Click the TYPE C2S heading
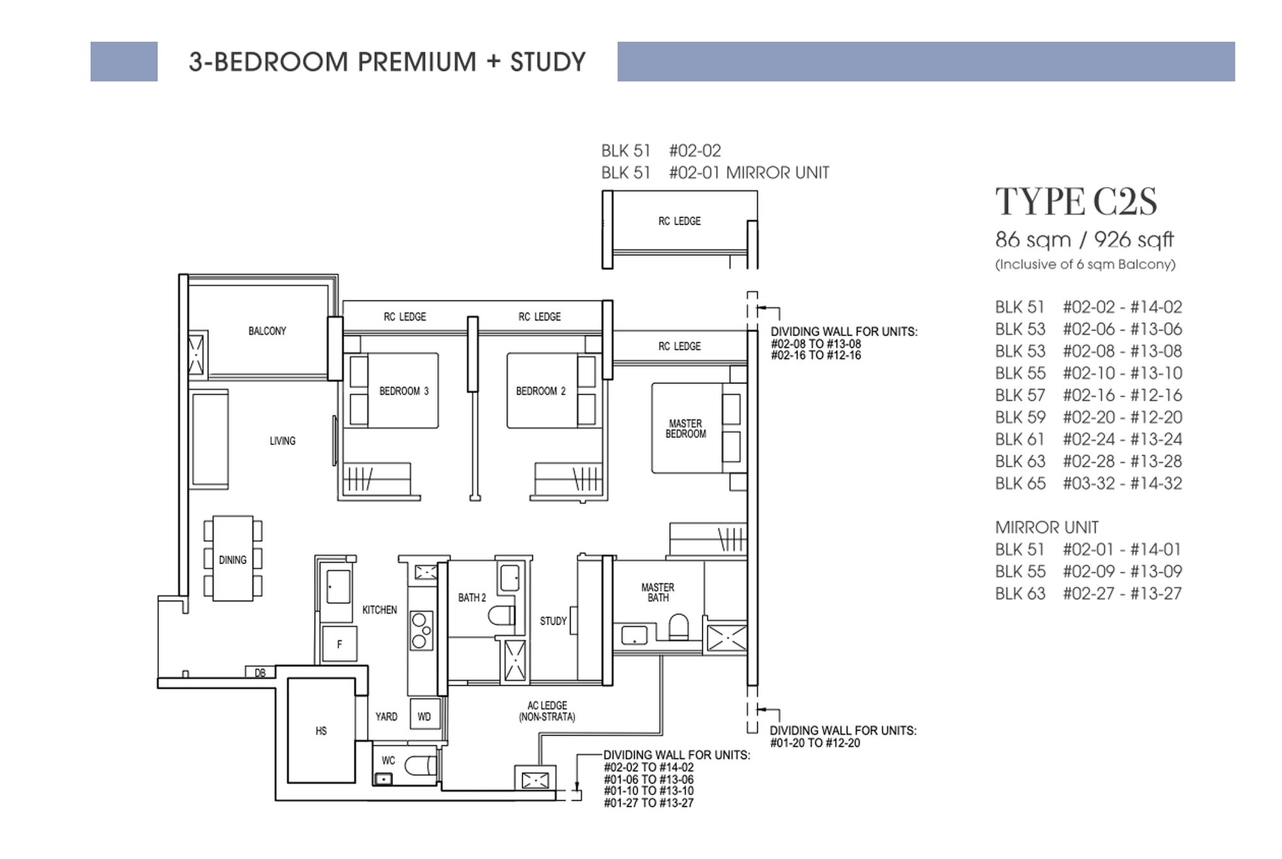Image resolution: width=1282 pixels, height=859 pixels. pos(1076,202)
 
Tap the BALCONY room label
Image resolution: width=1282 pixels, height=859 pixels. pos(267,331)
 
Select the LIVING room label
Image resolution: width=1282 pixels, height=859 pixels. pos(282,441)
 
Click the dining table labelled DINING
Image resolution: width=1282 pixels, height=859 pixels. pos(232,559)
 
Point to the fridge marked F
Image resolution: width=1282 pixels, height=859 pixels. pos(339,644)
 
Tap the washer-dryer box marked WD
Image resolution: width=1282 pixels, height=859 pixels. pos(424,716)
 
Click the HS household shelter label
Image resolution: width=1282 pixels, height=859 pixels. pos(321,731)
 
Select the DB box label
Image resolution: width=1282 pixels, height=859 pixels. pos(260,672)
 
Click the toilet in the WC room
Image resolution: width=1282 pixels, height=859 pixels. pos(423,765)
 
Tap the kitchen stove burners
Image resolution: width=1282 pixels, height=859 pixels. pos(420,631)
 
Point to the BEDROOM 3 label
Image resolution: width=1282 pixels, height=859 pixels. pos(404,391)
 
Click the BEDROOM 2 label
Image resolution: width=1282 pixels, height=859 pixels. pos(540,391)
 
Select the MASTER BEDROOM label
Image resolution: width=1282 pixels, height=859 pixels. pos(685,428)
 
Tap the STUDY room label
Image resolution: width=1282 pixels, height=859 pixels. pos(553,621)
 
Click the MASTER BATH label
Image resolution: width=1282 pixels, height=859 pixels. pos(658,592)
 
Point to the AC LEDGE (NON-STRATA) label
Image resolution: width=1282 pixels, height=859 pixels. pos(547,711)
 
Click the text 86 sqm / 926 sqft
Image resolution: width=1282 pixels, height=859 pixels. pos(1083,240)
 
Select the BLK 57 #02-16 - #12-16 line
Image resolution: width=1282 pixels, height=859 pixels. pos(1088,395)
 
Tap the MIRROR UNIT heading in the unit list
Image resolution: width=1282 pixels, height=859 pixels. pos(1046,527)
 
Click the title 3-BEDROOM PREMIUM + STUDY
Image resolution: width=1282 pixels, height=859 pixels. pos(387,62)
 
